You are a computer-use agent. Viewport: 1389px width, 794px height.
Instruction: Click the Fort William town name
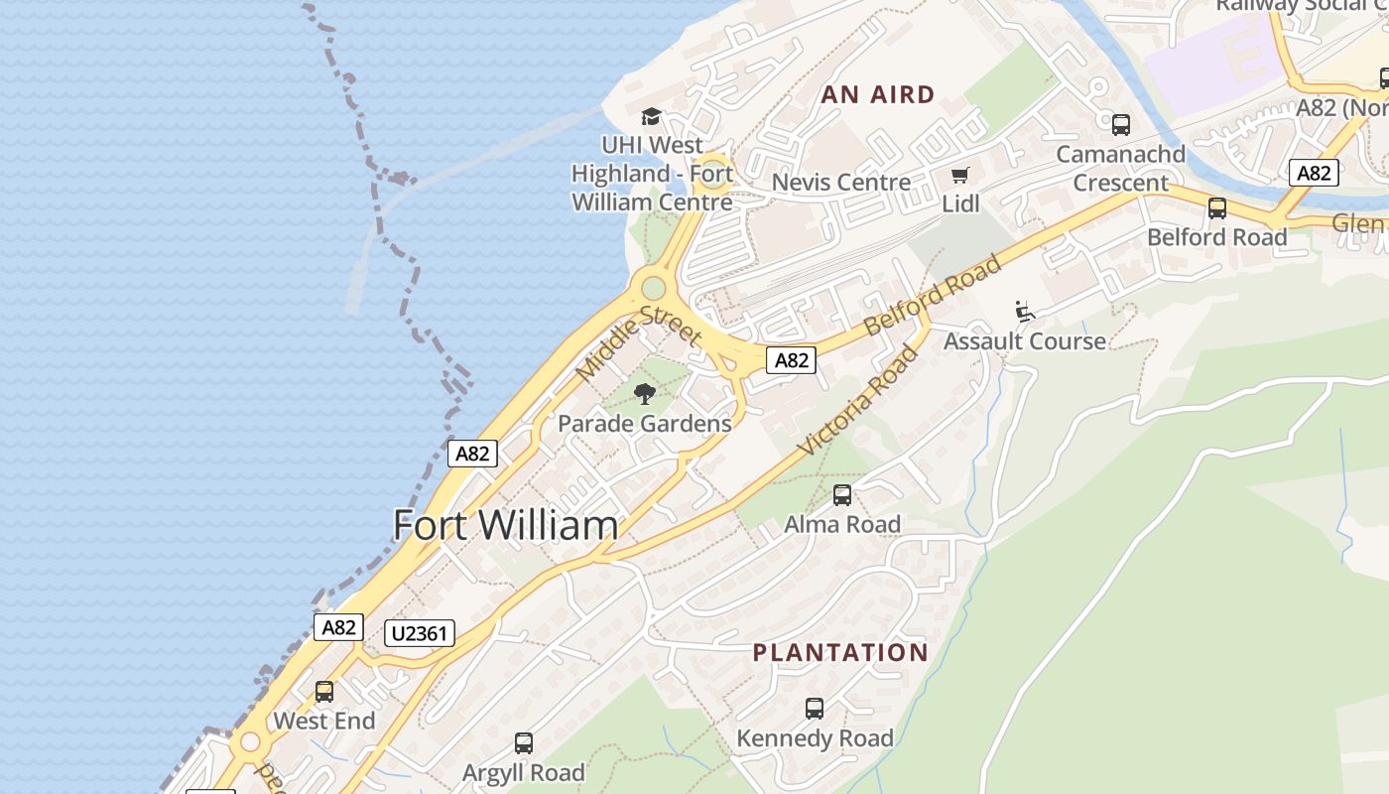coord(505,525)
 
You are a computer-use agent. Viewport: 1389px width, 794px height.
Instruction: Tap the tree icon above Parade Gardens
coord(645,394)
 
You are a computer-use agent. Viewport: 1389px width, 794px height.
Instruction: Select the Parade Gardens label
coord(644,424)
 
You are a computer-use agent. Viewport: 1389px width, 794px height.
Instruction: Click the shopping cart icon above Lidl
coord(959,176)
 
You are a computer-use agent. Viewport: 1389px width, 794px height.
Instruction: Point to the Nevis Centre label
coord(841,183)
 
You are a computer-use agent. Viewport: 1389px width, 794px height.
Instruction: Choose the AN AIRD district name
coord(878,95)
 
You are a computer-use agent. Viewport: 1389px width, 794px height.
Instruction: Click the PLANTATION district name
coord(840,653)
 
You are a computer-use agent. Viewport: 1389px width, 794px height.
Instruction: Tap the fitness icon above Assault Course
coord(1025,312)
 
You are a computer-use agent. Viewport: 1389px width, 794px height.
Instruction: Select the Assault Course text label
coord(1025,341)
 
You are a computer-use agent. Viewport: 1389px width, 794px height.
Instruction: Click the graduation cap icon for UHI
coord(651,117)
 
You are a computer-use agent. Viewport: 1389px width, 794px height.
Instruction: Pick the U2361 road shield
coord(420,632)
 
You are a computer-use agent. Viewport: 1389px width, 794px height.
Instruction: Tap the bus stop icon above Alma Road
coord(842,494)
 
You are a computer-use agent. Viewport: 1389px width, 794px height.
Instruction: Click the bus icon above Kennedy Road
coord(815,709)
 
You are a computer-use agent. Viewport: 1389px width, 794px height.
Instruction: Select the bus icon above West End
coord(324,692)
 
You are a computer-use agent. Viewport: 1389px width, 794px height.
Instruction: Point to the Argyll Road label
coord(524,772)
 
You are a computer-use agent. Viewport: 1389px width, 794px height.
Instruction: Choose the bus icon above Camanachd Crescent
coord(1120,125)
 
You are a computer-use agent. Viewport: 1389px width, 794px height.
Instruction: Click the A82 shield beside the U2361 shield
coord(338,627)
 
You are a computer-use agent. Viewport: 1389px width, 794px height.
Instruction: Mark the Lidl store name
coord(960,203)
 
